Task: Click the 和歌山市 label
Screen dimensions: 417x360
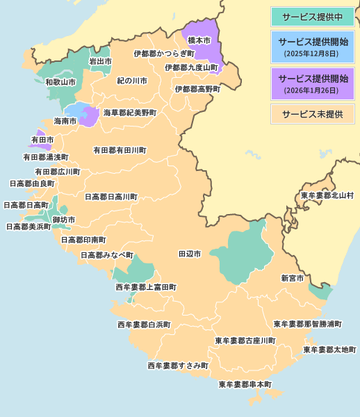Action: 60,82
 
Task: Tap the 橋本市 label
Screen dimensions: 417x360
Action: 199,41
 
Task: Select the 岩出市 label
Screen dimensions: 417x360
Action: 100,62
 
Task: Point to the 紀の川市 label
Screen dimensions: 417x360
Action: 132,81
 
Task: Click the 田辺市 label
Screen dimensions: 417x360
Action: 190,254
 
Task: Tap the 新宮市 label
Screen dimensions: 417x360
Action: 292,278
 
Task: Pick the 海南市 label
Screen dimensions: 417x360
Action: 65,121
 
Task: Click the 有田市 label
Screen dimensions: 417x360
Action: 42,140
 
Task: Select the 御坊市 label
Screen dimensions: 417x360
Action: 64,220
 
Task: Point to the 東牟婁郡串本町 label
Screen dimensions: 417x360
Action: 245,384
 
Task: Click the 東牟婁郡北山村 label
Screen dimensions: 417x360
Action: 327,195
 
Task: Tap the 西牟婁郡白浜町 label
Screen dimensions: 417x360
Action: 144,325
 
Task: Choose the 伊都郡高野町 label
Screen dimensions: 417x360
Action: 197,90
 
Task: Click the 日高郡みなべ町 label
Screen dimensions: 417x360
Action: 106,255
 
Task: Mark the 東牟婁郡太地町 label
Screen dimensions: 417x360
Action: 329,350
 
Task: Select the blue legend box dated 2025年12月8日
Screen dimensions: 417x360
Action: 312,47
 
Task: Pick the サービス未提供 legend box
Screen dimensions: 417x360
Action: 312,113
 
